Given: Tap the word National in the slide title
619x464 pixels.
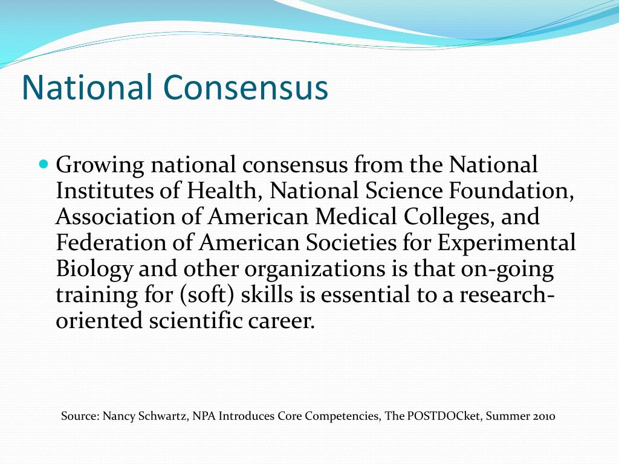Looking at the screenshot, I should click(87, 87).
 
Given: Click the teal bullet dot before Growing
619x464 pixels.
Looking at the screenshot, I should click(43, 164).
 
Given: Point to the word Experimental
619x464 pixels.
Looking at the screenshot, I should click(507, 242).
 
